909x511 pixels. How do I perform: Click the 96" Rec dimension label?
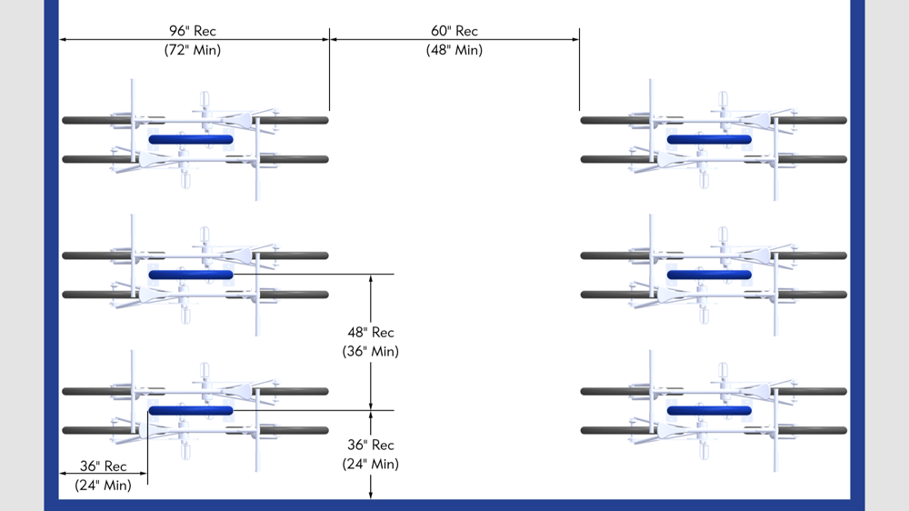tap(193, 31)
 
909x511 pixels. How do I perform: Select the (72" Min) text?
tap(193, 50)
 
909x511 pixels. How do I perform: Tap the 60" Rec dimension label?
tap(454, 31)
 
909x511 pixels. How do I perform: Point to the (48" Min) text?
tap(454, 50)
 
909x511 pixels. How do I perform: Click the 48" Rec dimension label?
tap(371, 333)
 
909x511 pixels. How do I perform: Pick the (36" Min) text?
tap(371, 351)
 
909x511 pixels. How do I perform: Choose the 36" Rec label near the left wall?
tap(103, 466)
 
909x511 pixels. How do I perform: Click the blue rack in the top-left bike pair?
tap(191, 139)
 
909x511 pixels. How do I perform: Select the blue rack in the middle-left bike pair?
tap(191, 275)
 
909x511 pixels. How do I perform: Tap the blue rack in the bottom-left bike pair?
tap(191, 410)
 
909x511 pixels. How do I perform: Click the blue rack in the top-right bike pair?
tap(709, 139)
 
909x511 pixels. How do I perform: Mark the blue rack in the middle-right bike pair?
tap(709, 275)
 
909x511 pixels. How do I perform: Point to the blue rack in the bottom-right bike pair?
tap(709, 410)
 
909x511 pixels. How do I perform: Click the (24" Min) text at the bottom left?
tap(103, 486)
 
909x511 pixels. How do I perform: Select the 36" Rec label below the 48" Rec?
tap(371, 446)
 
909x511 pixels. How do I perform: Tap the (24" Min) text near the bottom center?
tap(371, 464)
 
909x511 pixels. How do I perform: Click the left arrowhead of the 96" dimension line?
tap(65, 39)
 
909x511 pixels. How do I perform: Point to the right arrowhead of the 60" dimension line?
tap(575, 39)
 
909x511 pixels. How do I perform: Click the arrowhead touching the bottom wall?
tap(371, 495)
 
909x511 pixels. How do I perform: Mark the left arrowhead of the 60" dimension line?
tap(334, 39)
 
